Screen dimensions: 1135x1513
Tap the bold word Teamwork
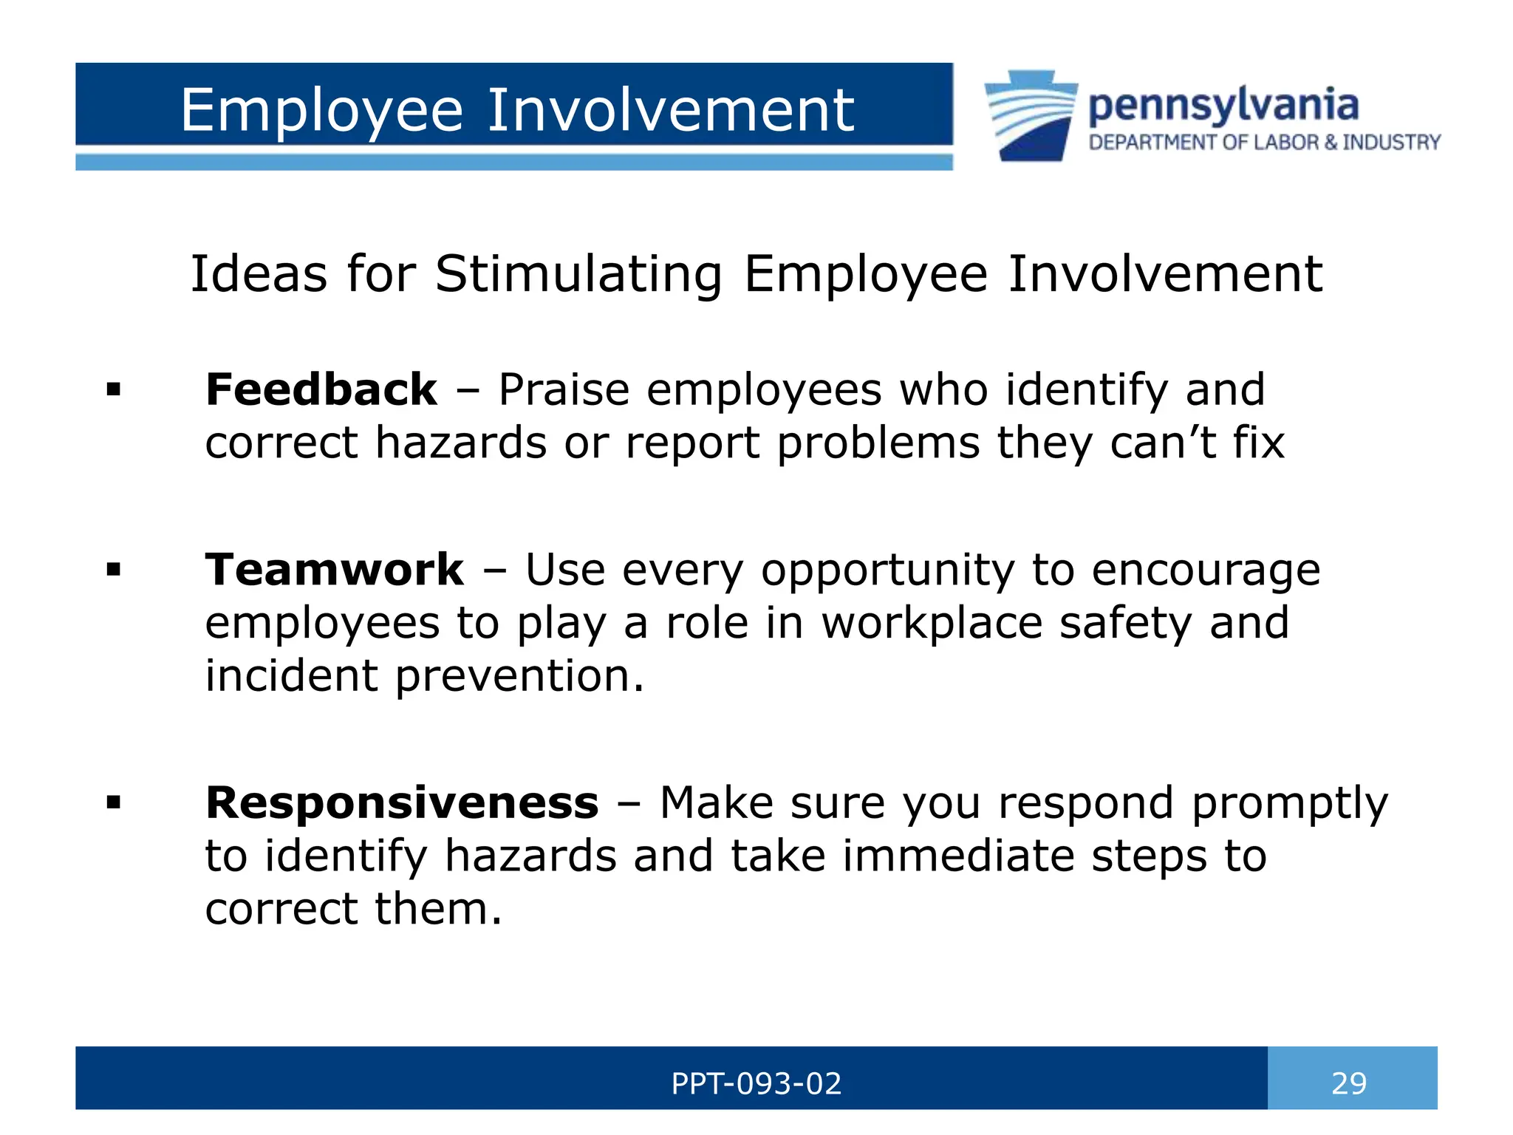click(334, 570)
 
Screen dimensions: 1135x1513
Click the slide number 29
click(1349, 1083)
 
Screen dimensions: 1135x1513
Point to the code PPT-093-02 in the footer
click(756, 1083)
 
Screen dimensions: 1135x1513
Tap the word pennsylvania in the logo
click(1223, 106)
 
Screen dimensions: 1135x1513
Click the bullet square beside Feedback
click(113, 389)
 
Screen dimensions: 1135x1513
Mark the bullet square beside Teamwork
click(113, 570)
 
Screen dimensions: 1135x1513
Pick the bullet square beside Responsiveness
click(113, 802)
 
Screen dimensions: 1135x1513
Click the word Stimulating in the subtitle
click(578, 274)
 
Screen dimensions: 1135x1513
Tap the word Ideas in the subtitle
click(258, 274)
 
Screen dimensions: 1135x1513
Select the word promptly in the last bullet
click(1289, 804)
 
